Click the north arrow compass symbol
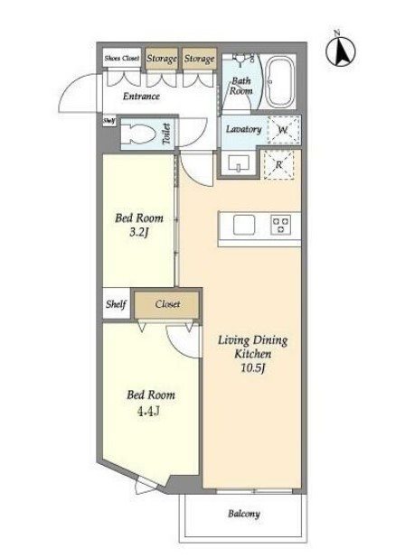340,50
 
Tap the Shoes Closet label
122,58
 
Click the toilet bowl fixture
138,135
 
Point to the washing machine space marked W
283,129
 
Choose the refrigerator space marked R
278,164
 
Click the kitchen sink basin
244,225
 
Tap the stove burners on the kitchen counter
280,225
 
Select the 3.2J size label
139,233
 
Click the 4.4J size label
148,411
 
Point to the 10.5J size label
253,368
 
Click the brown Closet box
166,303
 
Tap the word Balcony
244,514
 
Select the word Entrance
141,96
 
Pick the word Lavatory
243,129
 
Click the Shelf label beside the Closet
116,304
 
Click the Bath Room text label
241,86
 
